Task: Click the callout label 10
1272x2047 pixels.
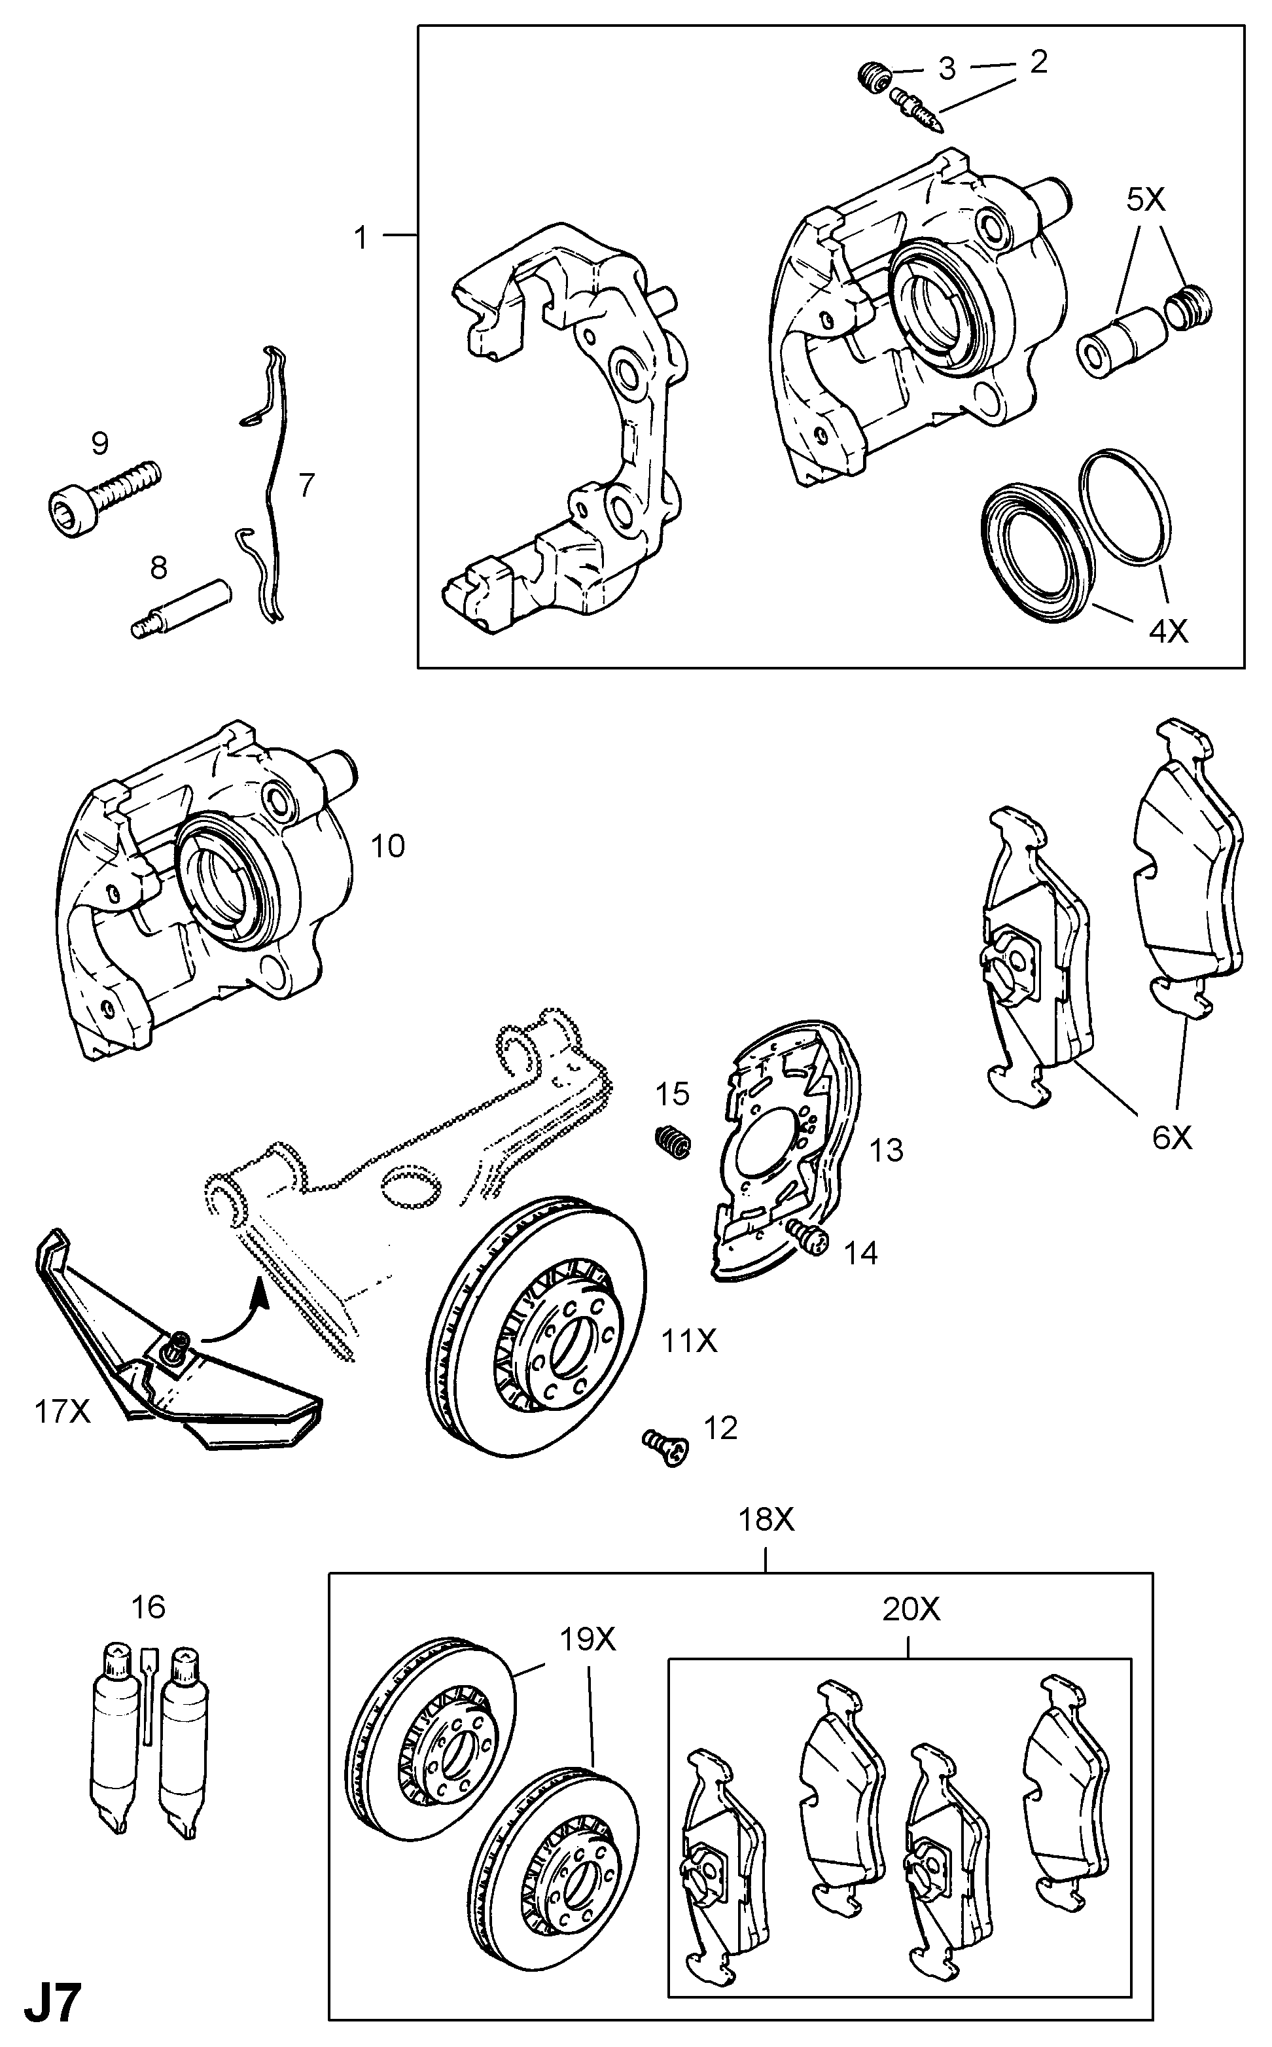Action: [388, 845]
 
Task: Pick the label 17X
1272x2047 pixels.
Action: [62, 1411]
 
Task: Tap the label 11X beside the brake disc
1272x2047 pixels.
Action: [689, 1340]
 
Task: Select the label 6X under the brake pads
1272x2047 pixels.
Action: [1171, 1137]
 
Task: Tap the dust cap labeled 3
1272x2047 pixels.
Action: [874, 79]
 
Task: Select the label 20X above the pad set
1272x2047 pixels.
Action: [911, 1609]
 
